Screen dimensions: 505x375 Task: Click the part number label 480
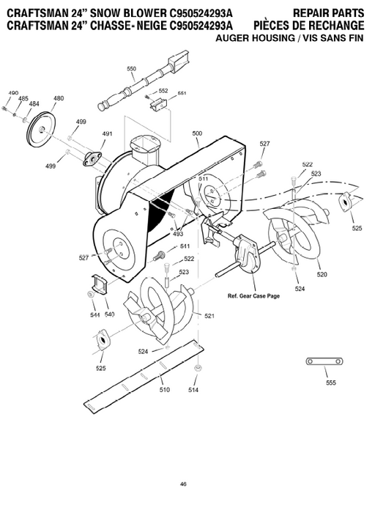point(59,98)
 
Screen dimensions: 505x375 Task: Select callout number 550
point(132,69)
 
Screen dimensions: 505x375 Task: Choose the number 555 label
point(331,383)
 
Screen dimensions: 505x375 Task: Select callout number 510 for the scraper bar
point(165,390)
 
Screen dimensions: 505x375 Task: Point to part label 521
point(209,316)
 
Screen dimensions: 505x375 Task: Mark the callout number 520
point(322,274)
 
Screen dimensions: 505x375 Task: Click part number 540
point(110,314)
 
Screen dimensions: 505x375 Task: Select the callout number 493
point(178,234)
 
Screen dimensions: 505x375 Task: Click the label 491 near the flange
point(107,134)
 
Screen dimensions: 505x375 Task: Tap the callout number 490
point(12,93)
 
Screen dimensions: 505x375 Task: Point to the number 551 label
point(182,93)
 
